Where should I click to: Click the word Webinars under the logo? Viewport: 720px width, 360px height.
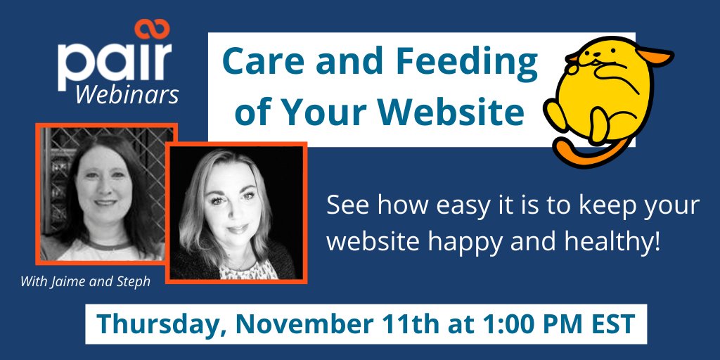127,94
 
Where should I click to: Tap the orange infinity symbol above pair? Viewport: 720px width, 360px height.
154,30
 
